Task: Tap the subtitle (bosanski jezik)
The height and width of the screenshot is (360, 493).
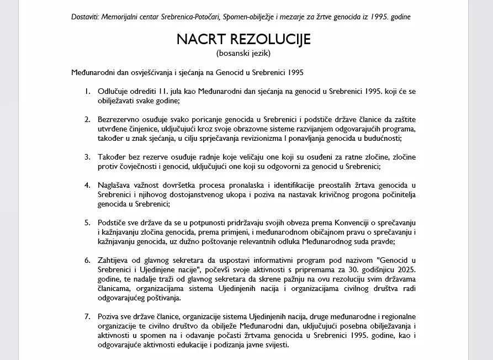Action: coord(243,54)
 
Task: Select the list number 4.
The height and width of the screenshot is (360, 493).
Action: coord(87,184)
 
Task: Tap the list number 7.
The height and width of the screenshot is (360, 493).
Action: coord(87,316)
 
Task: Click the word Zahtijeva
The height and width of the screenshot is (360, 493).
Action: coord(114,260)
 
